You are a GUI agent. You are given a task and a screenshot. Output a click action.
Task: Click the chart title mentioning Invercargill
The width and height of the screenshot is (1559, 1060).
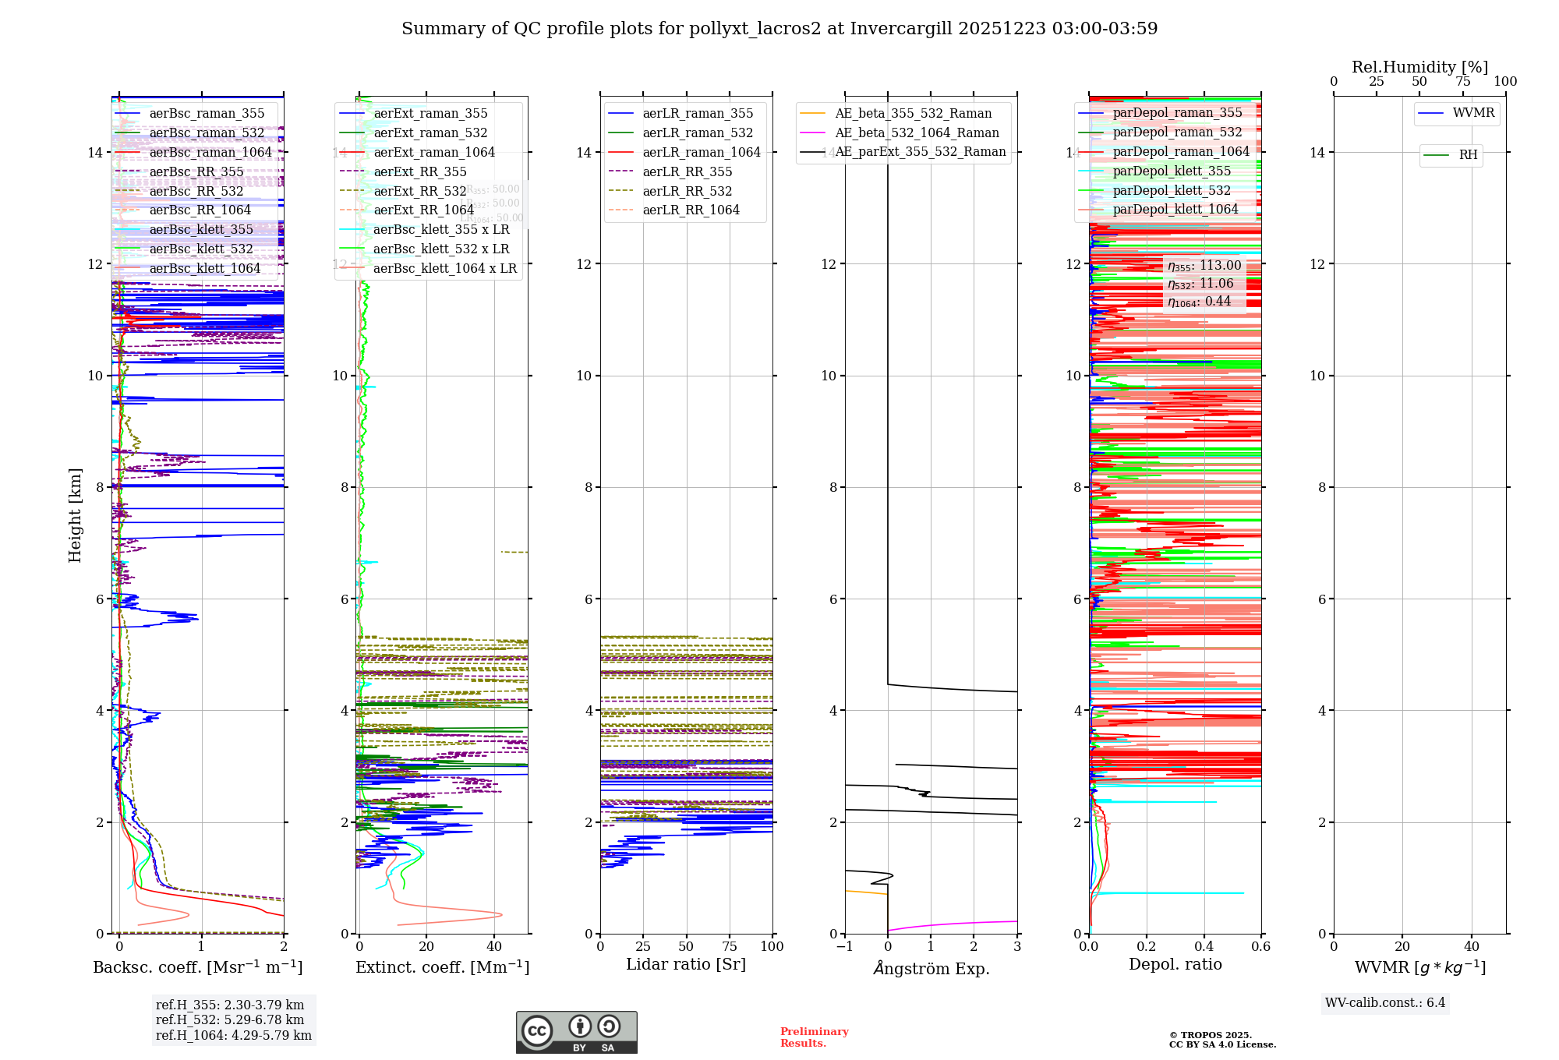coord(779,29)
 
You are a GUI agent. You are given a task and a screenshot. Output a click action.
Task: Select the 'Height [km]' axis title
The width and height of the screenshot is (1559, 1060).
coord(75,514)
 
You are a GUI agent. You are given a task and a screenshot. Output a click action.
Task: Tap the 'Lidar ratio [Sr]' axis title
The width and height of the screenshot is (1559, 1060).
coord(686,965)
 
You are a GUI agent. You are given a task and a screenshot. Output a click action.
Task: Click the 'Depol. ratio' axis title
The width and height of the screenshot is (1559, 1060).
coord(1175,965)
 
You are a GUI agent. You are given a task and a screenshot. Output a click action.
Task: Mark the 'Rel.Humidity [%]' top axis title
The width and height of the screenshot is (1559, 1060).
coord(1419,67)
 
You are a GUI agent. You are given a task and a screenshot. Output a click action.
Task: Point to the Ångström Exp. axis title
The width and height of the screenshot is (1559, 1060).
coord(931,969)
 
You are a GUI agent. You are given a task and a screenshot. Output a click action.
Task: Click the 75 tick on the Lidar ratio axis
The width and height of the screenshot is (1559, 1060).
coord(730,946)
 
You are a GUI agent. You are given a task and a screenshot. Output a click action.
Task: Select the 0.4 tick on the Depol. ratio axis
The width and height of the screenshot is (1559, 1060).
coord(1204,946)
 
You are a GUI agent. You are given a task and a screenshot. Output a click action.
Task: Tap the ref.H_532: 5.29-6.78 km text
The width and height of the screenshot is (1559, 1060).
coord(230,1020)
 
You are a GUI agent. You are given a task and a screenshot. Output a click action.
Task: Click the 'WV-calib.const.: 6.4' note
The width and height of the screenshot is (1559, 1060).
coord(1385,1003)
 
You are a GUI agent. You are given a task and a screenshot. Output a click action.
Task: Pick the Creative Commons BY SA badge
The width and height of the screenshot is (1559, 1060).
coord(576,1033)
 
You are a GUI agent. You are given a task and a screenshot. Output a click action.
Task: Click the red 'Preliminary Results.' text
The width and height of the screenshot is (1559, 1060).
coord(814,1037)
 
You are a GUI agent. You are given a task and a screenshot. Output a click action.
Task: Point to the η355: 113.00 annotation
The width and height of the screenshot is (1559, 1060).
coord(1204,266)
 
